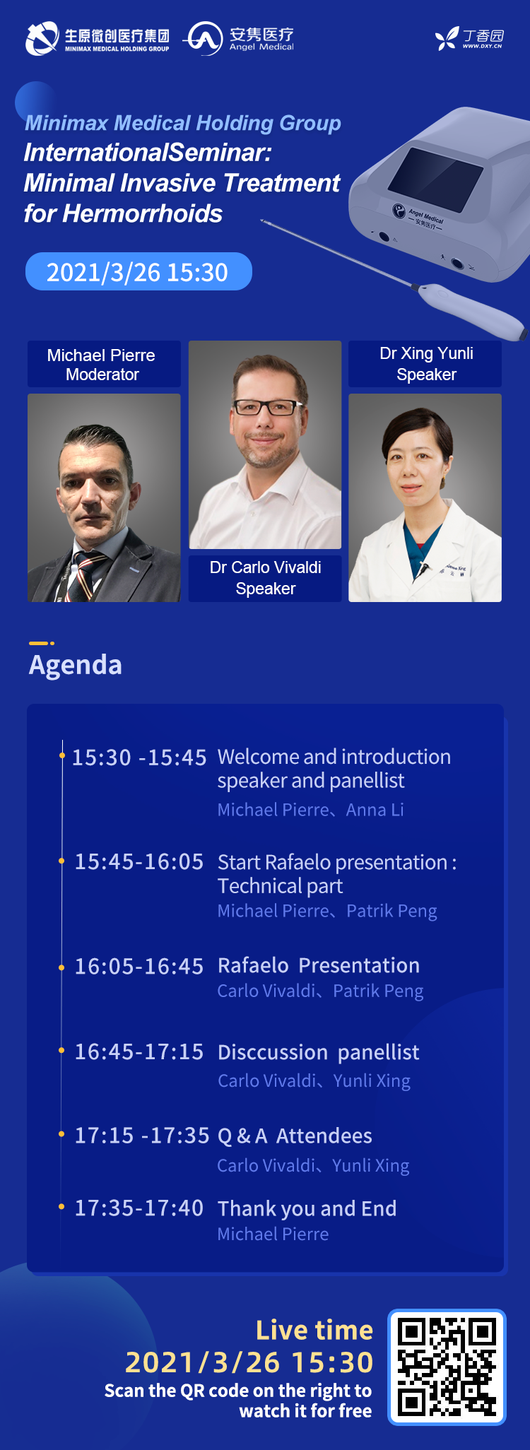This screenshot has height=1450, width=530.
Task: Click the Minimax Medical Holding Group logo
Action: pos(98,38)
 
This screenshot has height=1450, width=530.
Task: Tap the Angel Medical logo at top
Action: pos(239,38)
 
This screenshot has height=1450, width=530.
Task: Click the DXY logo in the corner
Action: pos(469,39)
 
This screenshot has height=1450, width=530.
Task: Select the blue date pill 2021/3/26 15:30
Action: pos(139,271)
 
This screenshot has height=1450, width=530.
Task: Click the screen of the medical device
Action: pos(435,179)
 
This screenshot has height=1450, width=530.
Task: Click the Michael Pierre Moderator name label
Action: pos(103,365)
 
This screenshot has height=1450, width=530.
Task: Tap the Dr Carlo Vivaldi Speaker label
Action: pos(265,578)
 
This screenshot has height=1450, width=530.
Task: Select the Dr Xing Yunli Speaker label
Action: pos(425,364)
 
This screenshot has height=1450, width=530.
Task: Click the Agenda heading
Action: pos(76,665)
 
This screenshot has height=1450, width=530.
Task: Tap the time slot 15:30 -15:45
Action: pos(139,758)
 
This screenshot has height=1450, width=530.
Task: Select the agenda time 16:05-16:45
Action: pos(139,966)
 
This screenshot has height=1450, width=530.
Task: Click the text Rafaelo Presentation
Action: pos(319,965)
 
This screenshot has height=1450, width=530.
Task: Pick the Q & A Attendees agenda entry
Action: pos(295,1136)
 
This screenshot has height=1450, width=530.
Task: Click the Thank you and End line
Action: pos(307,1209)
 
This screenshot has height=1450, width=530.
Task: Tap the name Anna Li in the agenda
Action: pos(375,810)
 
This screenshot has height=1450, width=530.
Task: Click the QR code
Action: pos(447,1367)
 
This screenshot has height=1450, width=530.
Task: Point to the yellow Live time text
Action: pos(314,1330)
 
